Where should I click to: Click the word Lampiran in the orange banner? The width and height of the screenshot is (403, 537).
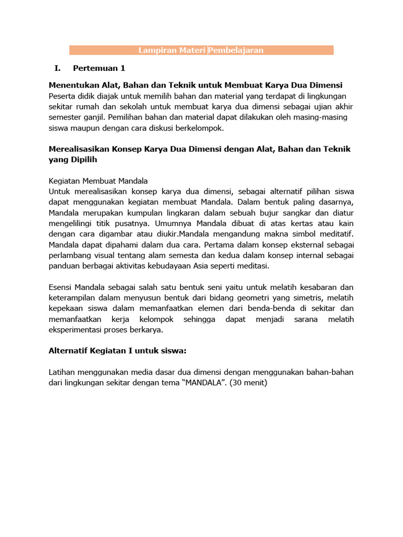[x=154, y=50]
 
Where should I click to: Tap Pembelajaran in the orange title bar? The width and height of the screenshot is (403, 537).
[x=236, y=50]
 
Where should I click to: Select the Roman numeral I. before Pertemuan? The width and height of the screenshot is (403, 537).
[x=58, y=68]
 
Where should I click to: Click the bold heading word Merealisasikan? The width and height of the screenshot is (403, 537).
[x=79, y=149]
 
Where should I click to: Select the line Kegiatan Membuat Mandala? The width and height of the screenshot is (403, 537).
[x=98, y=181]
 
